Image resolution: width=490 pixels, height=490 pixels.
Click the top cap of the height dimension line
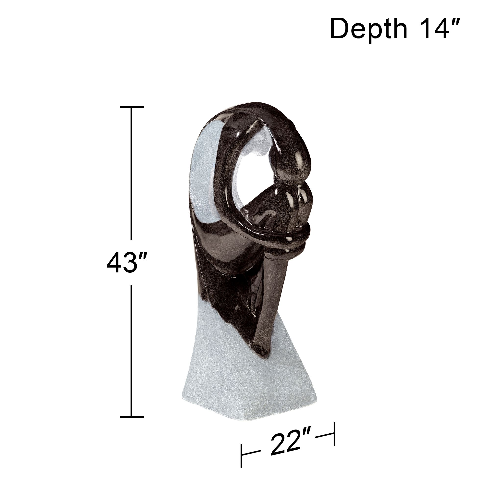click(132, 107)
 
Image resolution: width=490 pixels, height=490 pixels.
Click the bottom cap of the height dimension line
click(132, 417)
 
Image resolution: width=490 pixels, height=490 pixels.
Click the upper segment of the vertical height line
click(131, 172)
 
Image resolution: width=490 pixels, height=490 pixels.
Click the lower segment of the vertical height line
click(131, 350)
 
